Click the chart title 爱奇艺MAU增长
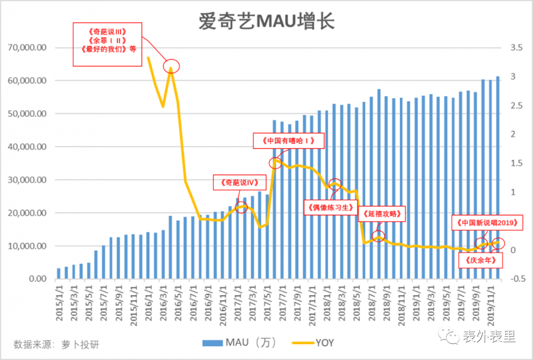click(x=266, y=21)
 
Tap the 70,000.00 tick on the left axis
click(x=28, y=48)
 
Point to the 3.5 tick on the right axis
click(x=516, y=48)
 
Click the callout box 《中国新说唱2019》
click(x=486, y=223)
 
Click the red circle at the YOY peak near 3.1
click(x=171, y=66)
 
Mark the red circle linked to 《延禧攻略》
click(x=379, y=236)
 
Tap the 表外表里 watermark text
click(x=489, y=337)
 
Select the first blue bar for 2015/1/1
click(x=59, y=274)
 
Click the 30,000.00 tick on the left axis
click(x=28, y=180)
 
